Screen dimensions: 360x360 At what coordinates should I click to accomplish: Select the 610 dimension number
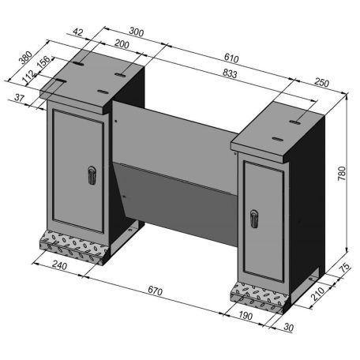tap(231, 58)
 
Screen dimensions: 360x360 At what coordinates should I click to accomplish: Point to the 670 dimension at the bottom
tap(155, 292)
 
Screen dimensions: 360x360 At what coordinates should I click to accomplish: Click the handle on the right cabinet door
tap(254, 215)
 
